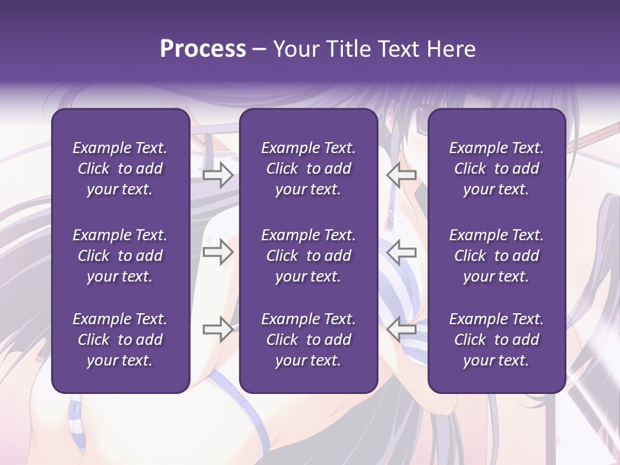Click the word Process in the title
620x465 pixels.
click(203, 49)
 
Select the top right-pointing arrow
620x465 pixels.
click(218, 175)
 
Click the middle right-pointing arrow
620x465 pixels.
click(218, 252)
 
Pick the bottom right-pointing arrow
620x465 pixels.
click(218, 329)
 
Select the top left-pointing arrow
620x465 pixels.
click(401, 175)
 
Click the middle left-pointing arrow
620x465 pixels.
click(401, 252)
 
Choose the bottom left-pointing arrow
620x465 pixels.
click(401, 329)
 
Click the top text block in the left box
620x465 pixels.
click(120, 169)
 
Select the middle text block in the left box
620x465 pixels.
click(120, 256)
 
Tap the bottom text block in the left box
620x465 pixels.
click(120, 340)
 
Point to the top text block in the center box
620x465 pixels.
click(308, 169)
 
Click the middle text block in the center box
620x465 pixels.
click(308, 256)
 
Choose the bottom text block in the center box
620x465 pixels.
click(308, 340)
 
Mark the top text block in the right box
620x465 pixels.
click(496, 169)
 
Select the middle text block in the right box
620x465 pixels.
click(496, 256)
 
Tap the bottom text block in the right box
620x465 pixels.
click(496, 340)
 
